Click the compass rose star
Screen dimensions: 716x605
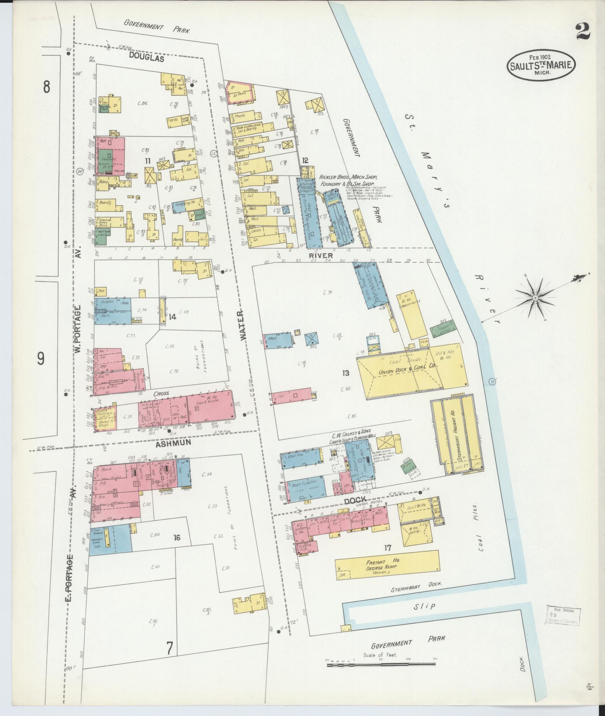[536, 298]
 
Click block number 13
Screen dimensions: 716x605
[346, 373]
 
